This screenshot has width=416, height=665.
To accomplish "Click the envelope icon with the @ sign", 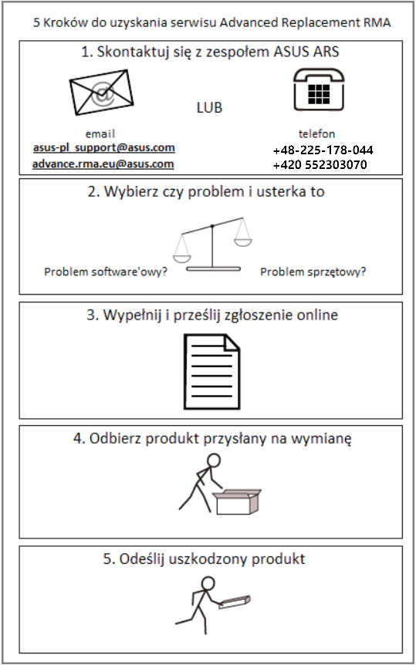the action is [101, 92].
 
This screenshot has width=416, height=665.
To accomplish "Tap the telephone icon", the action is [318, 90].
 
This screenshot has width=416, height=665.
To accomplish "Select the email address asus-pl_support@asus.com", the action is [104, 148].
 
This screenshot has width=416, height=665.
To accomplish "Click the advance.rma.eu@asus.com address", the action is [103, 164].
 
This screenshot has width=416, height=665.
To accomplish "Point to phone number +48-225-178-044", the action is [323, 150].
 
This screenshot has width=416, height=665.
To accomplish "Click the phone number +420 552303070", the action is [320, 164].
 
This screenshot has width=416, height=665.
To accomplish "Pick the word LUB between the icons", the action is [209, 108].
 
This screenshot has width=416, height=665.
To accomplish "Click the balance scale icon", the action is [212, 245].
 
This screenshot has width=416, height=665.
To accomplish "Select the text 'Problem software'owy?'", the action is [106, 272].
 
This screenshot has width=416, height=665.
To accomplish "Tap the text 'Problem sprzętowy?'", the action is [313, 272].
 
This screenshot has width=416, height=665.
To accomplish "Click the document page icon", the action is [211, 372].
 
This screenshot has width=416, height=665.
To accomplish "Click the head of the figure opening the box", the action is [214, 461].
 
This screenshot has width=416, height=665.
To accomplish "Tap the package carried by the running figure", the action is [235, 603].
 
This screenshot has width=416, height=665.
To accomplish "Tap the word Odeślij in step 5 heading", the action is [140, 559].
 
